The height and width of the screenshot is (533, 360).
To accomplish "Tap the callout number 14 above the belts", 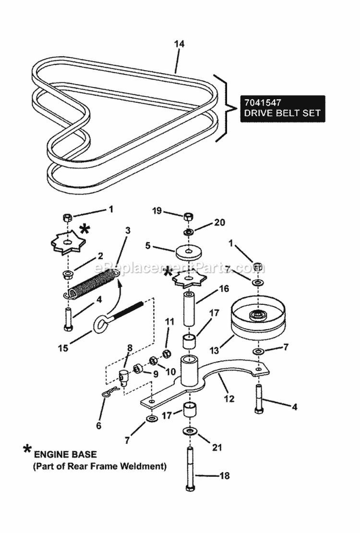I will [179, 44].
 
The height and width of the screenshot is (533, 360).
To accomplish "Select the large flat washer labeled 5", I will [188, 251].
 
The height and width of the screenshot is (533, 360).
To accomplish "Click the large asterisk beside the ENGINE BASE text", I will [27, 450].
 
